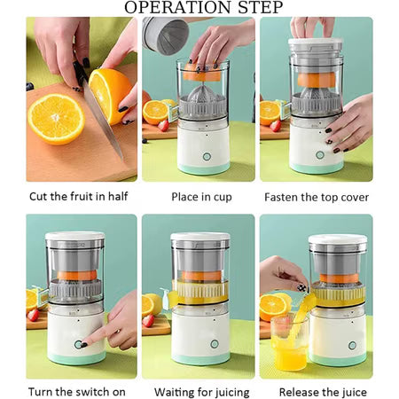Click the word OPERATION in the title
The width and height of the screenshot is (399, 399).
pyautogui.click(x=174, y=8)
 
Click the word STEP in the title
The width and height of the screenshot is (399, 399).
pyautogui.click(x=256, y=8)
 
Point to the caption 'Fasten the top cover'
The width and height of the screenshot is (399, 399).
pyautogui.click(x=317, y=197)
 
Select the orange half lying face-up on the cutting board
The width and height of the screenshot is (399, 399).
pyautogui.click(x=55, y=117)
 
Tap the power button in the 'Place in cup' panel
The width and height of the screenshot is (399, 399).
pyautogui.click(x=206, y=155)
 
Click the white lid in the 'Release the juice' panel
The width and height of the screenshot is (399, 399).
pyautogui.click(x=337, y=240)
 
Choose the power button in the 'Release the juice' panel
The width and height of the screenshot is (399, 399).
pyautogui.click(x=352, y=345)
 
